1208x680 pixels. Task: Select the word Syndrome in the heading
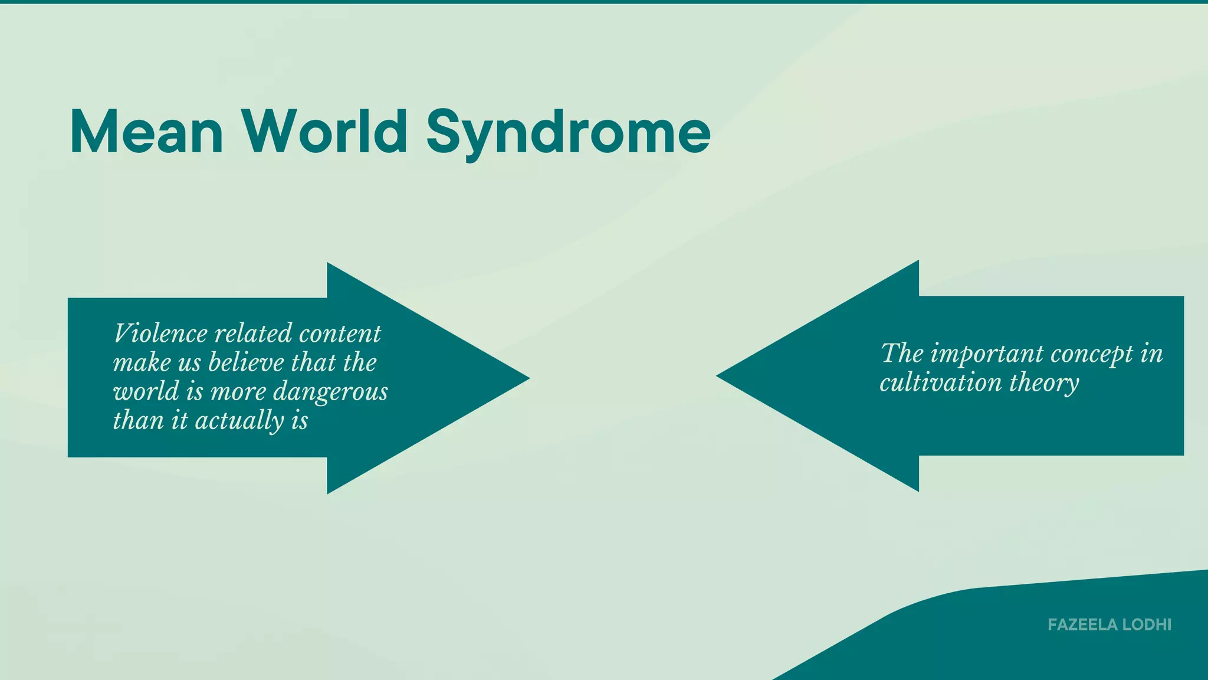coord(568,133)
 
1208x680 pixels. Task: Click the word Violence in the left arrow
coord(160,334)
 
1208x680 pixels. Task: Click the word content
coord(340,334)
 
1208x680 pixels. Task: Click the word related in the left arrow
coord(253,334)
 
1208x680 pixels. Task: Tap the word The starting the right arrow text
coord(902,354)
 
